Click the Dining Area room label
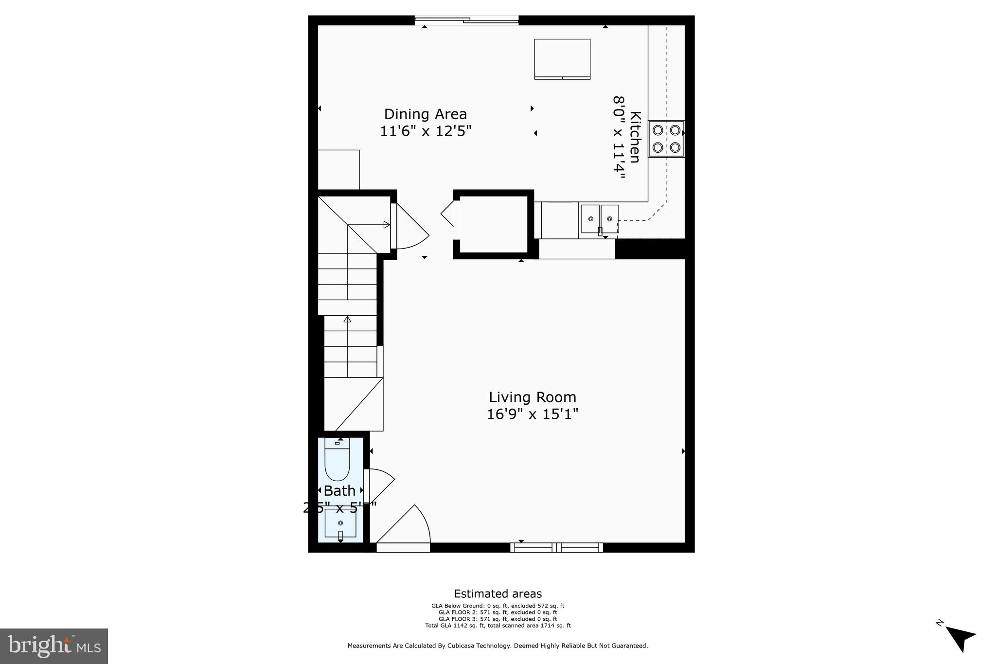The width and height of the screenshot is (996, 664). [426, 114]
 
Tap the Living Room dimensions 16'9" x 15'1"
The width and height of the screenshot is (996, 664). [533, 414]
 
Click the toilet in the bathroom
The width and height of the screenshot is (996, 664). [337, 460]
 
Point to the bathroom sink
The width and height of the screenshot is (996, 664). [340, 523]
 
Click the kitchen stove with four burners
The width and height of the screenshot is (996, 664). [666, 139]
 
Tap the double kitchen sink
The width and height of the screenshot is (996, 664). [600, 219]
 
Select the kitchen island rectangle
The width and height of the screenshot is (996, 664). [562, 59]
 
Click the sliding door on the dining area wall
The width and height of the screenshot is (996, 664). [467, 20]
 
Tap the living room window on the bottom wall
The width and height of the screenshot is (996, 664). [556, 548]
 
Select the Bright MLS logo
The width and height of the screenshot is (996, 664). [54, 646]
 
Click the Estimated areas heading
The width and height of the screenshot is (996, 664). [498, 594]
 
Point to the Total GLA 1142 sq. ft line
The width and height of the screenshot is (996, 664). [498, 626]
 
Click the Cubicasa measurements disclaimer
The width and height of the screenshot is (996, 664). [498, 646]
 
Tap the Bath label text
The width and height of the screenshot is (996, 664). [339, 491]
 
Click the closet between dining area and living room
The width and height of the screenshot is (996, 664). [494, 224]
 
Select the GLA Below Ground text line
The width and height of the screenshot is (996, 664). [498, 606]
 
